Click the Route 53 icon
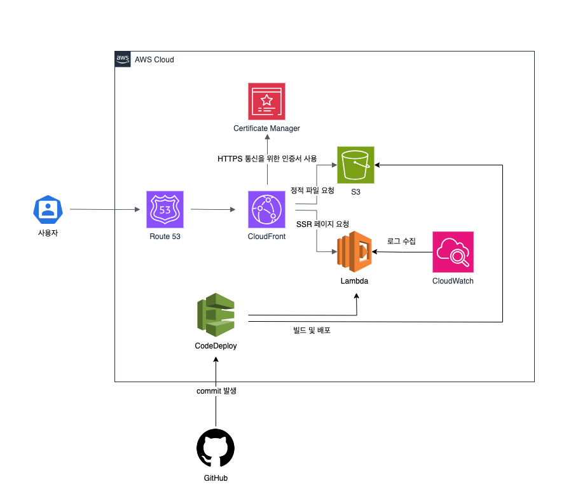coord(165,209)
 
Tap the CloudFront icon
coord(267,209)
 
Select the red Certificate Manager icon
coord(266,101)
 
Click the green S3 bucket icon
coord(355,165)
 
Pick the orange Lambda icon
coord(355,252)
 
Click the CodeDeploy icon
coord(216,314)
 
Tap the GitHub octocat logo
coord(216,448)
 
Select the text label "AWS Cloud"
coord(155,60)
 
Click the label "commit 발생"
coord(216,390)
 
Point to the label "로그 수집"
coord(401,241)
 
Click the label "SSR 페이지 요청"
coord(323,224)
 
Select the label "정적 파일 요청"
coord(312,190)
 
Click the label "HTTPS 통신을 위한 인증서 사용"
coord(267,158)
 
